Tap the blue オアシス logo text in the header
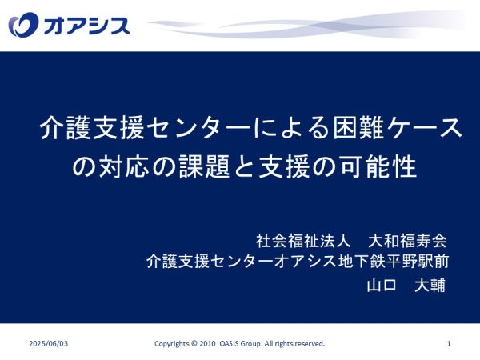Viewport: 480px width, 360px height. (x=86, y=25)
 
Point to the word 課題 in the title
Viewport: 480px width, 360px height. (x=205, y=166)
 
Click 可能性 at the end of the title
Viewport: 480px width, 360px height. (x=378, y=166)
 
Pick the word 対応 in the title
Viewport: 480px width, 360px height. (x=124, y=166)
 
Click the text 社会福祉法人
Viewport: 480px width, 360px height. (x=302, y=241)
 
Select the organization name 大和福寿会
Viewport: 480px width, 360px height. (x=407, y=241)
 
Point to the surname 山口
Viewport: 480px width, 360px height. (x=382, y=286)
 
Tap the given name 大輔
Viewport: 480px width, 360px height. (x=430, y=286)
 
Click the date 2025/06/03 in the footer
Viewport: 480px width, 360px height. (x=49, y=343)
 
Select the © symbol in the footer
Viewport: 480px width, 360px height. (x=194, y=343)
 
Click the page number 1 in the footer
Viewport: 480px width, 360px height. (x=449, y=344)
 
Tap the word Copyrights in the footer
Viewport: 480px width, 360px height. (x=172, y=344)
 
